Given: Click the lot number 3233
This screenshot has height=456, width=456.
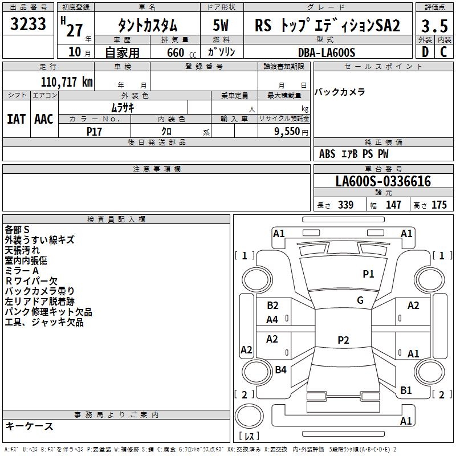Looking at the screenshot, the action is (x=28, y=25).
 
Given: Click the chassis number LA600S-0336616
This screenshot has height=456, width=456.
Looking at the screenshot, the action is (x=383, y=181).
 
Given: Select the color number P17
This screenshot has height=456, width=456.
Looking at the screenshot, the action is (x=94, y=131).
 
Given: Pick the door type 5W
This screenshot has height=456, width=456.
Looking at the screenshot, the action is (x=221, y=26).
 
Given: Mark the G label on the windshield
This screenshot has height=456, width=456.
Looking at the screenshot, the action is (x=360, y=300).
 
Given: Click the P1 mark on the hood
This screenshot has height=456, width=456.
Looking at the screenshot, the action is (x=368, y=274).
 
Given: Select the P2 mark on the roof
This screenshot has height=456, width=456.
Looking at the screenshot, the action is (x=343, y=340).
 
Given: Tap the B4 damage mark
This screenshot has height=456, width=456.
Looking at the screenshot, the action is (x=280, y=370).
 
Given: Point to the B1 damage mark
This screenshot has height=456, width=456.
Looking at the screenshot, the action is (x=406, y=390).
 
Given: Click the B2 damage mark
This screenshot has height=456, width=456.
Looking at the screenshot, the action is (x=272, y=306).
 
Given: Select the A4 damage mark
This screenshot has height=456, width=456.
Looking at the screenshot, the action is (x=272, y=320).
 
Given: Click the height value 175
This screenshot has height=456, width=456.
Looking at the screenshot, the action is (x=439, y=205).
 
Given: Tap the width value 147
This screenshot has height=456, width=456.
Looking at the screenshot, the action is (x=394, y=205).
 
